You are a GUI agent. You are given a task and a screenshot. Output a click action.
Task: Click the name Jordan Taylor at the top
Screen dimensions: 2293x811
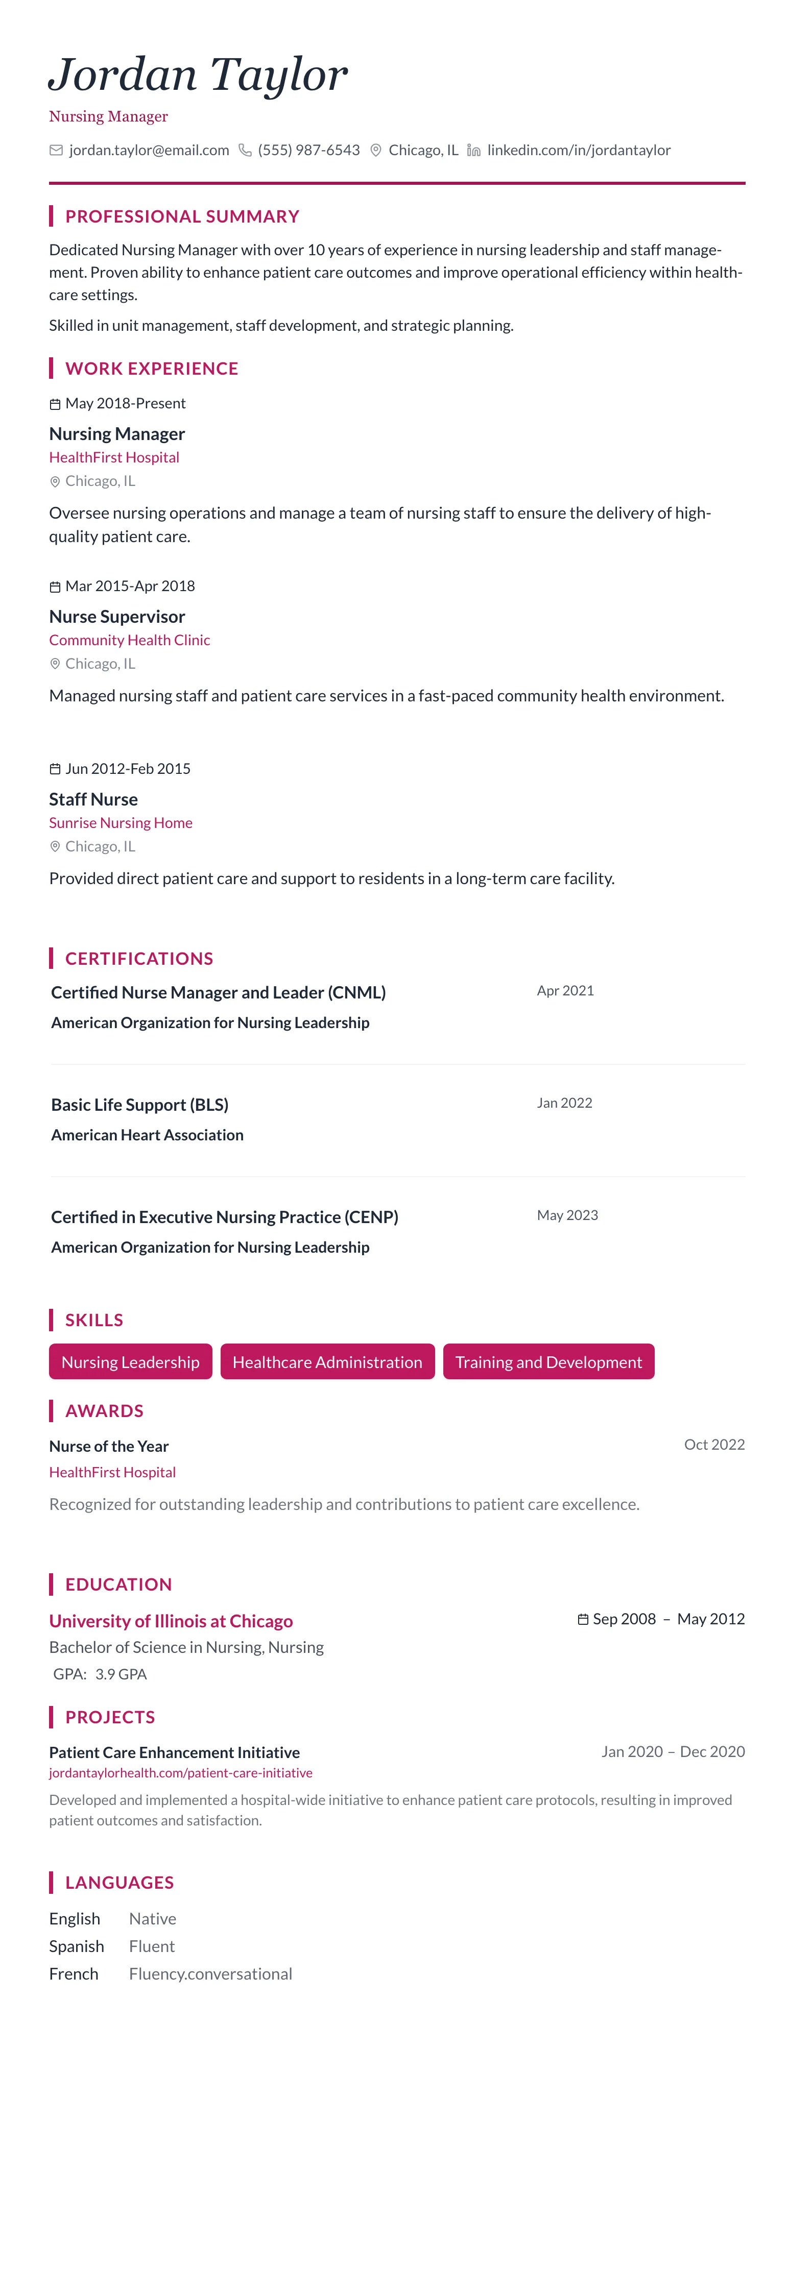pos(198,74)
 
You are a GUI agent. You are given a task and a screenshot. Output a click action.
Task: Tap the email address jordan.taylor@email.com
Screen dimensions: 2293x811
pos(149,151)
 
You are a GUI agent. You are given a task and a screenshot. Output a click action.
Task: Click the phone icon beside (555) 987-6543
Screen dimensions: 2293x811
pos(245,151)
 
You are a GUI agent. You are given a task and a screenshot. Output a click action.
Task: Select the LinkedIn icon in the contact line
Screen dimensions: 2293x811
pos(473,151)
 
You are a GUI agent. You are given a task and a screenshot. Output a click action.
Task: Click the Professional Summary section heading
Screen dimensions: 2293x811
pos(182,216)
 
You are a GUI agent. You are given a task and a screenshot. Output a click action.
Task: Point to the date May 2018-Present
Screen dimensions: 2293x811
pos(125,403)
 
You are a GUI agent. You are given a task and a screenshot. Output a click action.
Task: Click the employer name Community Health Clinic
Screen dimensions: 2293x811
pos(129,640)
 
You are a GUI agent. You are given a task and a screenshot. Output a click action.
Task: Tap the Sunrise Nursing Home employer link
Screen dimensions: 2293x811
pos(120,822)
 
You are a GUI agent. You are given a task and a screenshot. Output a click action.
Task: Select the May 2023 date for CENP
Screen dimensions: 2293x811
pos(567,1215)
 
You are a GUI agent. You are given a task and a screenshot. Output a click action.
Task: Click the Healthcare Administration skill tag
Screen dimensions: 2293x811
pos(327,1362)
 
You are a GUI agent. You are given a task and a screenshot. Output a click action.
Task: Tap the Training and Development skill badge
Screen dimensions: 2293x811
pos(548,1362)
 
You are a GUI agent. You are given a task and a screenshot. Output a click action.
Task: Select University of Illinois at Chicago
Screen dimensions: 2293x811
pos(171,1621)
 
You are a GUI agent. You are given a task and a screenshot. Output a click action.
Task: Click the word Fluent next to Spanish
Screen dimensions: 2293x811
pos(151,1946)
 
